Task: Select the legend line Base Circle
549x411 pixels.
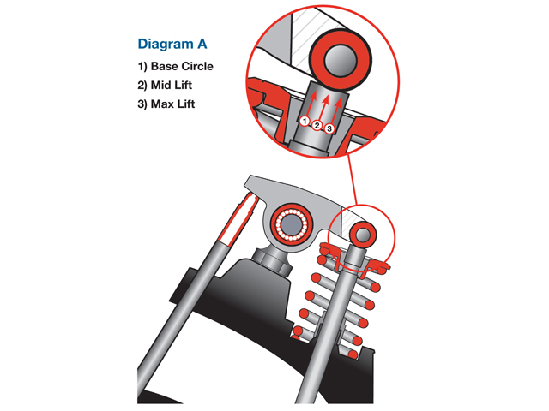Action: pyautogui.click(x=176, y=66)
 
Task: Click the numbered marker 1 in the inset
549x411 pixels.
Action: pyautogui.click(x=304, y=122)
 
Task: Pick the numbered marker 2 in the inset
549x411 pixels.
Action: pyautogui.click(x=317, y=126)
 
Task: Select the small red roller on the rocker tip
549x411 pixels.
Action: pyautogui.click(x=361, y=232)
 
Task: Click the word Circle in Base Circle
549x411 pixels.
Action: pyautogui.click(x=196, y=66)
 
